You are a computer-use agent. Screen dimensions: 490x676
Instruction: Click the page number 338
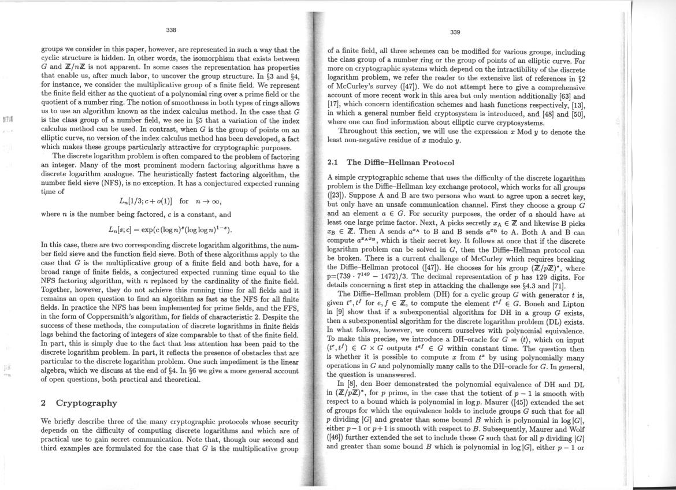point(170,29)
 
